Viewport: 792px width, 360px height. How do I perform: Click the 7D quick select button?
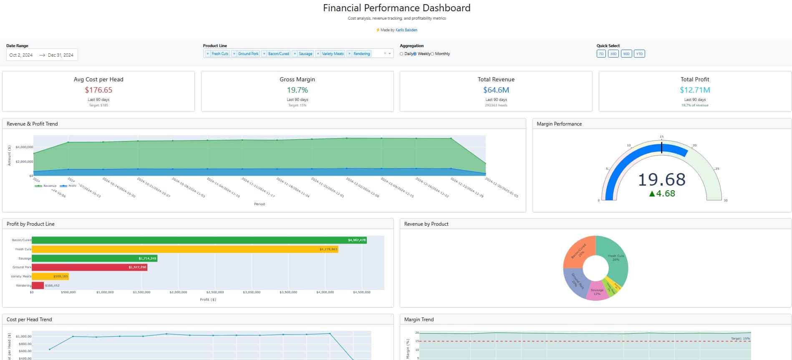click(601, 54)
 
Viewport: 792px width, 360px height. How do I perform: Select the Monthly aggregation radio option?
click(432, 54)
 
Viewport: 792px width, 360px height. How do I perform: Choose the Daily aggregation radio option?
click(401, 54)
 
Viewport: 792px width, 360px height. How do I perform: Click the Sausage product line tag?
click(305, 54)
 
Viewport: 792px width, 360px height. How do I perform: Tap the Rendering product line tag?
click(361, 54)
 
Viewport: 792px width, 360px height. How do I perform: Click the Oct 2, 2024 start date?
click(21, 55)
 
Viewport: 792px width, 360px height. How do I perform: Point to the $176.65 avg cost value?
click(98, 90)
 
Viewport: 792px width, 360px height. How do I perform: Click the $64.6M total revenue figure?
click(496, 90)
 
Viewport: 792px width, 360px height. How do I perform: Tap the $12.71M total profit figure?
click(695, 90)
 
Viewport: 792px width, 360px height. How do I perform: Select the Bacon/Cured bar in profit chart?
click(199, 240)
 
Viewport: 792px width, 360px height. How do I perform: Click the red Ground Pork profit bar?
click(89, 267)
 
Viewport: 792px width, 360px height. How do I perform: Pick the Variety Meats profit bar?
click(50, 276)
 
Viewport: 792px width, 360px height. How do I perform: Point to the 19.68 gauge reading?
click(661, 180)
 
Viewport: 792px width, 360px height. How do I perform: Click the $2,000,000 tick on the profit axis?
click(178, 292)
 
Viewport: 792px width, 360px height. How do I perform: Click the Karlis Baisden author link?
click(406, 30)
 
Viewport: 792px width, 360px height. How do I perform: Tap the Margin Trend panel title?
click(419, 320)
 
